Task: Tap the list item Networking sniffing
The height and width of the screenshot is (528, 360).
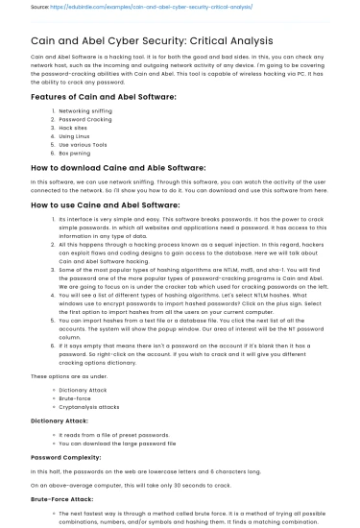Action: (x=85, y=111)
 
